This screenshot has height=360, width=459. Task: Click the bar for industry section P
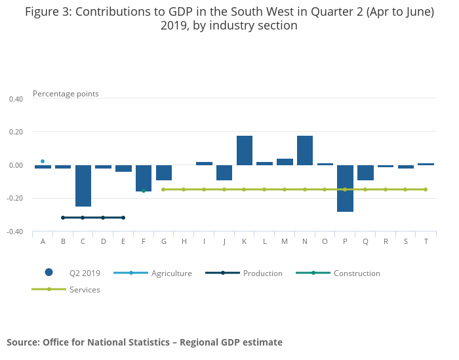coord(345,188)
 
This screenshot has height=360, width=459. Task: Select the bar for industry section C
coord(83,186)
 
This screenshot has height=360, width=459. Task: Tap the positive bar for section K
coord(245,150)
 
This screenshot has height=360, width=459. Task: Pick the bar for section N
coord(305,150)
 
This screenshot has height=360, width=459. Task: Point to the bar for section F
coord(144,178)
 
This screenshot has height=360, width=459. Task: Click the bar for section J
coord(224,172)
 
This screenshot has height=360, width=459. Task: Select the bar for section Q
coord(365,172)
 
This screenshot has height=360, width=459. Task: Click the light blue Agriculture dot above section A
coord(43,161)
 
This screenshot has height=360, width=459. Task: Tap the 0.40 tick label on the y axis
coord(16,99)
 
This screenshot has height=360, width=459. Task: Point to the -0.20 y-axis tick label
coord(15,199)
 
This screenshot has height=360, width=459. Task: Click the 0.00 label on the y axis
coord(16,165)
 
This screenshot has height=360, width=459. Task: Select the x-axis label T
coord(426,241)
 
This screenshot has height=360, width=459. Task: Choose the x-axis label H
coord(184,241)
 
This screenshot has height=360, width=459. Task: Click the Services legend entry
coord(85,289)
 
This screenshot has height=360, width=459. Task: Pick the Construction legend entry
coord(357,273)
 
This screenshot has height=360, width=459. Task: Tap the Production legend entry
coord(262,273)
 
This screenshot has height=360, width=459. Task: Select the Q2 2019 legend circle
coord(49,273)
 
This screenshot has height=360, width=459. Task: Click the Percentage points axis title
coord(66,94)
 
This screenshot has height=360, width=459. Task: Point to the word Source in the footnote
coord(23,342)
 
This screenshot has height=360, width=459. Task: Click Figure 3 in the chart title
coord(48,12)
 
